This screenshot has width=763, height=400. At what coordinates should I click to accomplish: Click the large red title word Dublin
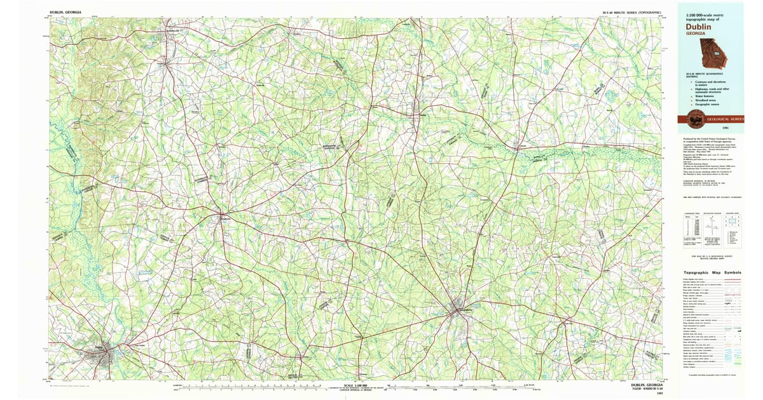click(698, 27)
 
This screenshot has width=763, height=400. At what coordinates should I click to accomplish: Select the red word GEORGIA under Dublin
click(695, 34)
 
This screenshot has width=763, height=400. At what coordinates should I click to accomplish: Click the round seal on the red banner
click(691, 117)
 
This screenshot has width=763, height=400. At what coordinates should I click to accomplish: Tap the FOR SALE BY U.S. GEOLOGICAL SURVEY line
click(711, 255)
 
